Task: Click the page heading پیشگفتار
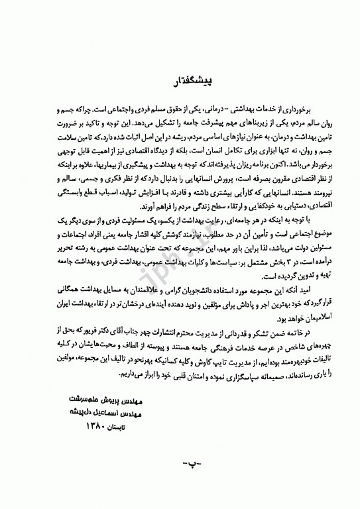click(x=177, y=82)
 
